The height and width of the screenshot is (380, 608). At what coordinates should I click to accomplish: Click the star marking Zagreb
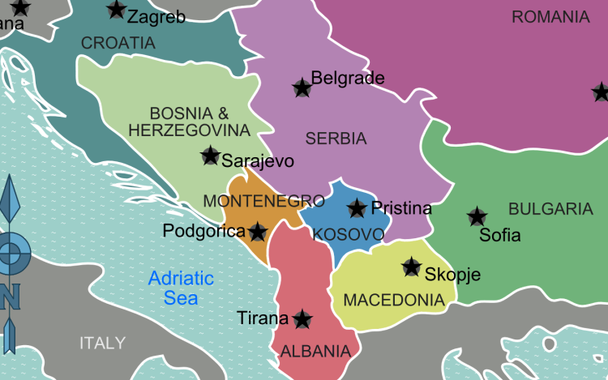pyautogui.click(x=117, y=11)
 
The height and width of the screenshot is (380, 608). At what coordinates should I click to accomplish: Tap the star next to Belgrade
pyautogui.click(x=302, y=88)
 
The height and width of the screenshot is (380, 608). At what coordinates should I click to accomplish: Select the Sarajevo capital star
pyautogui.click(x=211, y=156)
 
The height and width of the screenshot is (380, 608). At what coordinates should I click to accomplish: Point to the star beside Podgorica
pyautogui.click(x=258, y=233)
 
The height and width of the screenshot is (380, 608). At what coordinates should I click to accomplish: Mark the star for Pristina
pyautogui.click(x=357, y=209)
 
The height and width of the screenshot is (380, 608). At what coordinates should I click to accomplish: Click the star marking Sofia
pyautogui.click(x=477, y=217)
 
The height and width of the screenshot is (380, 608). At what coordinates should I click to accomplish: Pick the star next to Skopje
pyautogui.click(x=412, y=267)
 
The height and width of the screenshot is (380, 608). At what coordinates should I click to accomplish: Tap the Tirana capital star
pyautogui.click(x=302, y=319)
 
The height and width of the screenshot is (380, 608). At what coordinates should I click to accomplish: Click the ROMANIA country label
pyautogui.click(x=550, y=17)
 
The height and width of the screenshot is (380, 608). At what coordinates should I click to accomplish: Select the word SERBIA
pyautogui.click(x=336, y=139)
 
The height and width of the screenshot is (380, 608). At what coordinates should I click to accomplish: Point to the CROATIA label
pyautogui.click(x=118, y=43)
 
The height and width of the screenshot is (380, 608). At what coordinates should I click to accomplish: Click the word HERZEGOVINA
pyautogui.click(x=189, y=130)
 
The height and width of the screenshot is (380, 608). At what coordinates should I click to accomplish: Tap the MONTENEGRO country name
pyautogui.click(x=253, y=201)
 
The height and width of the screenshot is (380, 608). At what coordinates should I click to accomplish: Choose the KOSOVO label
pyautogui.click(x=348, y=235)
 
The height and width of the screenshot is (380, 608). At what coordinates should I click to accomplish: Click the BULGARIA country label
pyautogui.click(x=550, y=209)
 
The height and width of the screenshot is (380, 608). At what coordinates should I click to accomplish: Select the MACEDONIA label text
pyautogui.click(x=394, y=301)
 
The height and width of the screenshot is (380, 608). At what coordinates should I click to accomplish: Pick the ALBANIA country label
pyautogui.click(x=315, y=352)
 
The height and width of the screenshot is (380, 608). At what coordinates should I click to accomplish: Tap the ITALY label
pyautogui.click(x=102, y=343)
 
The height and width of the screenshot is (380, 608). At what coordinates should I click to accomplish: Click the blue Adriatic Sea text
pyautogui.click(x=181, y=288)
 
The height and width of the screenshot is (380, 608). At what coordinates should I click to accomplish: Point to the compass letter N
pyautogui.click(x=10, y=297)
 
